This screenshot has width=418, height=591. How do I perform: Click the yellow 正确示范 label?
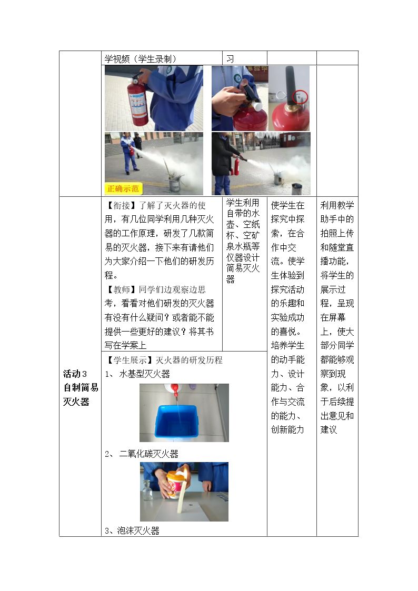pos(123,188)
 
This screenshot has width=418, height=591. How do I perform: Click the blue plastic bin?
pos(176,422)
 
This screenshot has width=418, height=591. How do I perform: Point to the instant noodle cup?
pos(176,484)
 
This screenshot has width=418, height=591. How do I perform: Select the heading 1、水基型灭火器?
pos(137,374)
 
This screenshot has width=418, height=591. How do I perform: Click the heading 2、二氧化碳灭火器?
pos(141,454)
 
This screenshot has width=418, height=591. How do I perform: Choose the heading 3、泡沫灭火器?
pos(132,530)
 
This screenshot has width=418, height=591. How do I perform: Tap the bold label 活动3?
pos(75,374)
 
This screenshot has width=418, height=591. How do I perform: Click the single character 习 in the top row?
pos(230,59)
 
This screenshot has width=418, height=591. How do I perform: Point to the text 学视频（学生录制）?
pos(141,59)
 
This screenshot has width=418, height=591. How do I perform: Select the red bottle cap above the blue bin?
pos(174,388)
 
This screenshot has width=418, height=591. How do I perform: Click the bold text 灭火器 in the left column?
pos(76,402)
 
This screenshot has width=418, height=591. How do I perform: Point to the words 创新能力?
pos(287,429)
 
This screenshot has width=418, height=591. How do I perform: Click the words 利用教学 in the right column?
pos(337,205)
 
